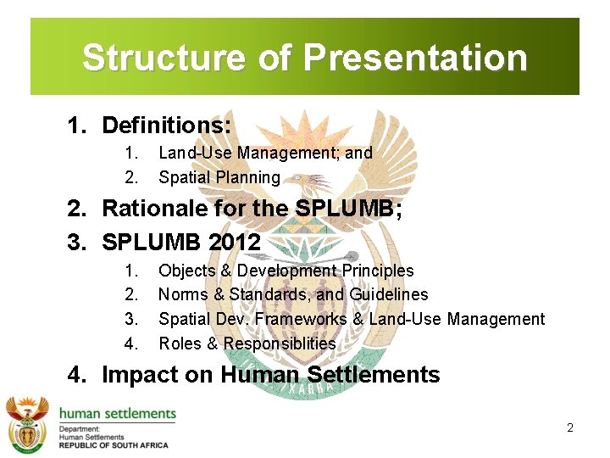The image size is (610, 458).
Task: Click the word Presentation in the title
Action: (x=415, y=59)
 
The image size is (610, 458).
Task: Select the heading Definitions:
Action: (x=166, y=126)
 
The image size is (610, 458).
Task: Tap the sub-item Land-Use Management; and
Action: (x=265, y=154)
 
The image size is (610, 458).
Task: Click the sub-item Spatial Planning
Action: (x=219, y=178)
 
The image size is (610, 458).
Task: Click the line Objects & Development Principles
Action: (x=286, y=271)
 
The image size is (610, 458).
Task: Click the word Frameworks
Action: (x=301, y=320)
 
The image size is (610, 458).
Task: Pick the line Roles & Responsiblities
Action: (x=247, y=344)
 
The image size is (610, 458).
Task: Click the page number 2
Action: (x=570, y=427)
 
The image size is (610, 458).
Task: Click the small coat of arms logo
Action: (x=27, y=423)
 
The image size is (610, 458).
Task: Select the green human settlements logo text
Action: (x=117, y=414)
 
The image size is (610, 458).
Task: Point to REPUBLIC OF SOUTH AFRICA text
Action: (x=113, y=445)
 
